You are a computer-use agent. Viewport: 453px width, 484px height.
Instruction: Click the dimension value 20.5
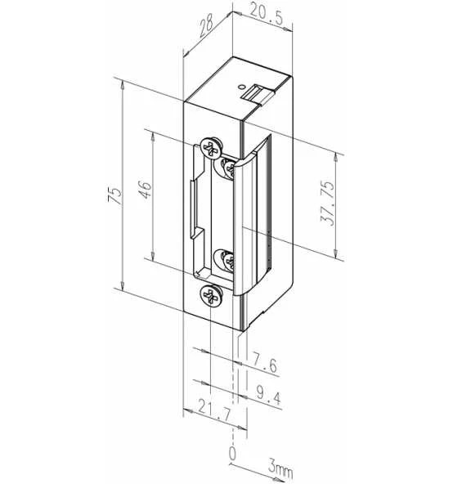pyautogui.click(x=266, y=14)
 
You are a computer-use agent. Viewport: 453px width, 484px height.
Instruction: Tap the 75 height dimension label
pyautogui.click(x=114, y=195)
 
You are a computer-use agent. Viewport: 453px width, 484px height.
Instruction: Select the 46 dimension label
pyautogui.click(x=145, y=190)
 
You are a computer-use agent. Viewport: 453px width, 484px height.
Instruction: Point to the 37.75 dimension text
pyautogui.click(x=327, y=204)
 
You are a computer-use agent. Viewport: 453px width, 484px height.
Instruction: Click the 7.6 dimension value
pyautogui.click(x=264, y=363)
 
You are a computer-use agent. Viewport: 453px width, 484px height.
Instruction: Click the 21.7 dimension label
pyautogui.click(x=214, y=411)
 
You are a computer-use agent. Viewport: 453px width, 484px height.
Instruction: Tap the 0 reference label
pyautogui.click(x=232, y=453)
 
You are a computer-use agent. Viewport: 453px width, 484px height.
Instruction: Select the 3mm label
pyautogui.click(x=280, y=468)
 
